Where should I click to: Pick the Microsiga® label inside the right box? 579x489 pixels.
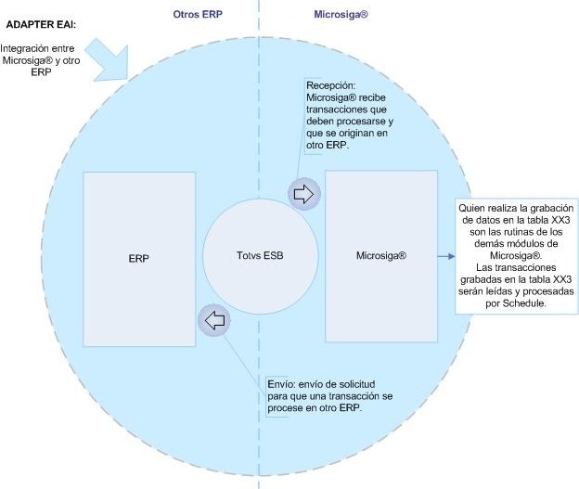(381, 253)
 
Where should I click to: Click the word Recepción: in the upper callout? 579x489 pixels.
(332, 84)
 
